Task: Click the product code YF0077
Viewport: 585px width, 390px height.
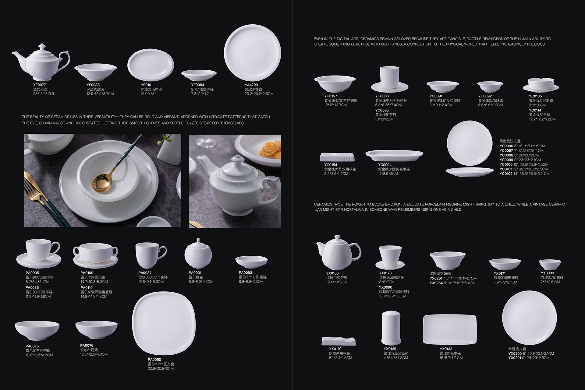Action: (39, 85)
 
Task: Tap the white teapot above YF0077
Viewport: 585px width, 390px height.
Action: (41, 62)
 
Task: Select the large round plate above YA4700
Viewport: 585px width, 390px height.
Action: (252, 52)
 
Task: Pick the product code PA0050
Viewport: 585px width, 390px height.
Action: (154, 360)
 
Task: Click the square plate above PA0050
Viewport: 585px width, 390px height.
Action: (164, 323)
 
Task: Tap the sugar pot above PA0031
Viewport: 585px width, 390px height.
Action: (198, 254)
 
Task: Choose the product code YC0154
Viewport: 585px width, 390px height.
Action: (331, 165)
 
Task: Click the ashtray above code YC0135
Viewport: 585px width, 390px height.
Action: (541, 85)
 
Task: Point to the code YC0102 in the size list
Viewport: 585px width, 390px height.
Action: (506, 174)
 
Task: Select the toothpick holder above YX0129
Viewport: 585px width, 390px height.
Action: (391, 328)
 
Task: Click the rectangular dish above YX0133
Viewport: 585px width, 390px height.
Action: (450, 330)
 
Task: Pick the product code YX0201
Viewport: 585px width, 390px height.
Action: (515, 358)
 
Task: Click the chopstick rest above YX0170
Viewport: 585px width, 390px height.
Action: (339, 341)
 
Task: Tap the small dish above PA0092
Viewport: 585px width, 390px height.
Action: (251, 262)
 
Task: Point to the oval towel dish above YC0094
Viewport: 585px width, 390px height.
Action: (394, 156)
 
